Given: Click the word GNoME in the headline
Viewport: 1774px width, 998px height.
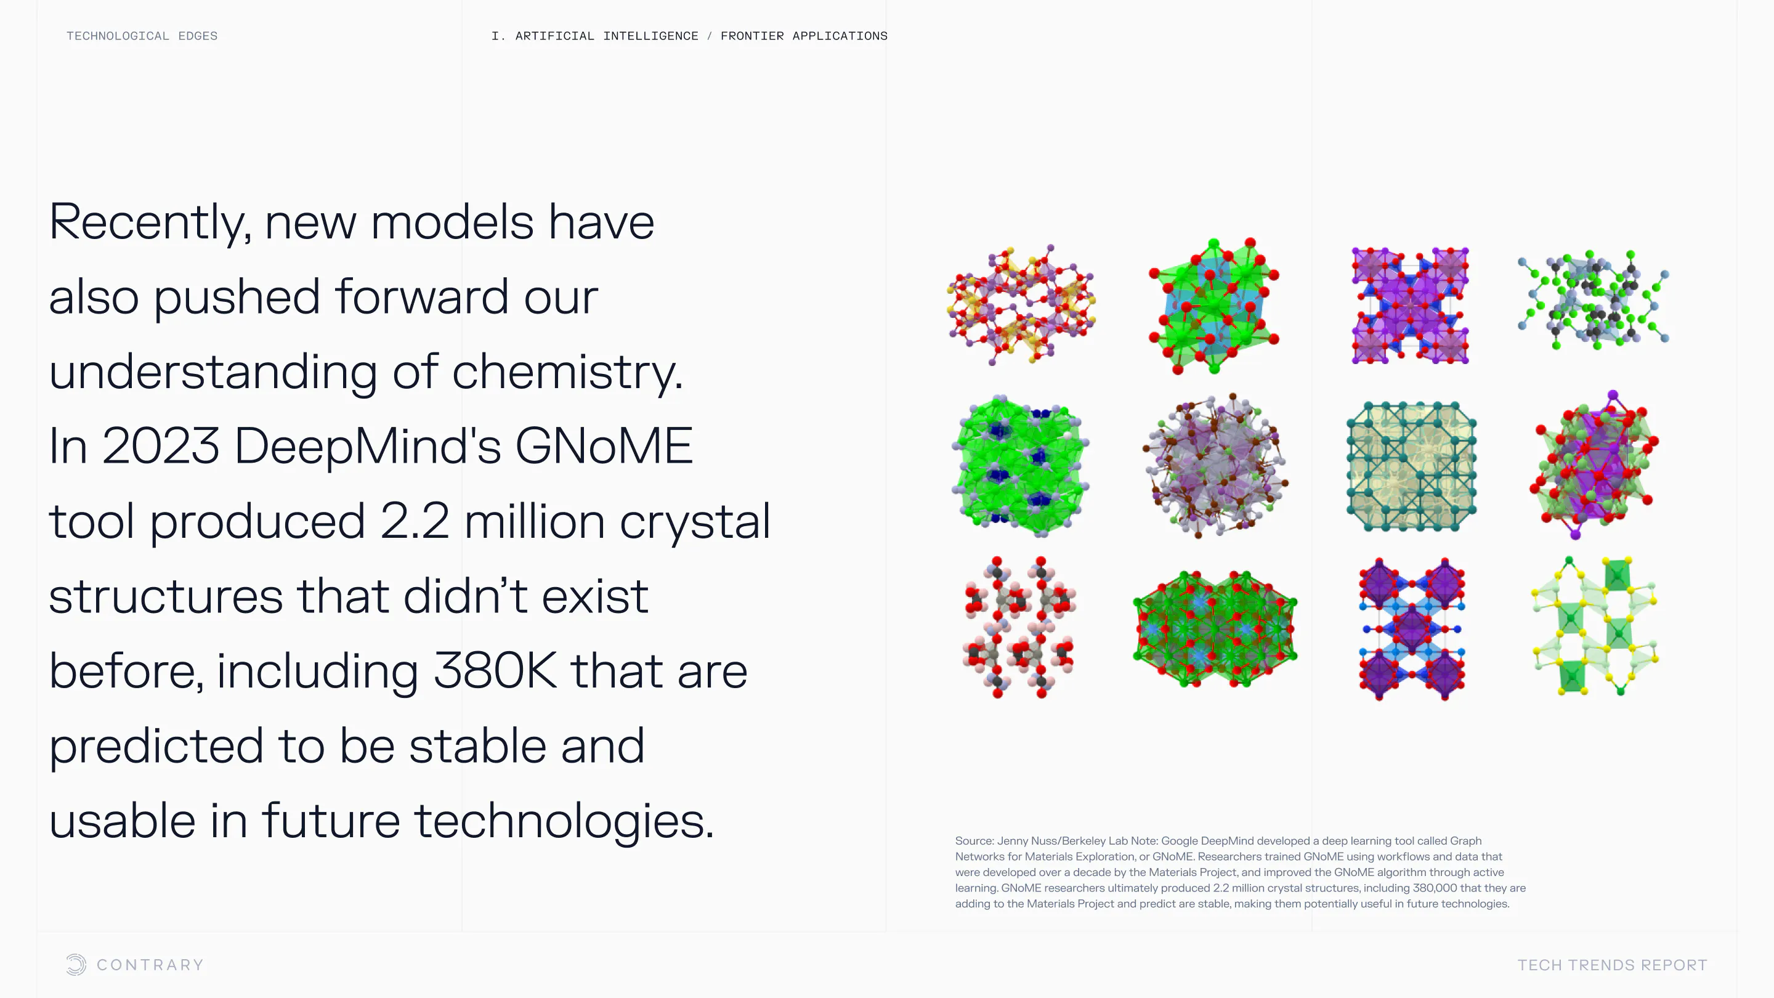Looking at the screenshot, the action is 603,445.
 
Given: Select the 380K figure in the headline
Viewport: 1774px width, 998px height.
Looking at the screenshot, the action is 495,670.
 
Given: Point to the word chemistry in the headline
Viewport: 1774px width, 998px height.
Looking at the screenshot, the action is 567,372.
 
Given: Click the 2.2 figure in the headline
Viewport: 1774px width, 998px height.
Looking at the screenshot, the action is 415,521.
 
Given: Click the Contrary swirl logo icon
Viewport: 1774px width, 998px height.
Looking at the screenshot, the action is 76,964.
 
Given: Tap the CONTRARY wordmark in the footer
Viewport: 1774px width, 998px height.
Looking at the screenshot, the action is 150,965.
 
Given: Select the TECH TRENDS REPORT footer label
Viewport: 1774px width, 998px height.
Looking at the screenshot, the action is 1612,965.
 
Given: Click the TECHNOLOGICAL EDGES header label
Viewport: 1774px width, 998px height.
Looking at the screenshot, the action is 142,36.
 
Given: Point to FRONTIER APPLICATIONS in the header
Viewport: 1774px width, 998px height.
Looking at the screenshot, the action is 804,36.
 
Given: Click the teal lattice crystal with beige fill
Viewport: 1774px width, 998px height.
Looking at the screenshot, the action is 1411,466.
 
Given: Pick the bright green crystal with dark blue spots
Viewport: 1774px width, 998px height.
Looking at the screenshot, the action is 1020,466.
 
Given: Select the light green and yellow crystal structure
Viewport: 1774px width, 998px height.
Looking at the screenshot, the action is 1594,626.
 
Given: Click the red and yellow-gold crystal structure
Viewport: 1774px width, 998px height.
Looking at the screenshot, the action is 1021,304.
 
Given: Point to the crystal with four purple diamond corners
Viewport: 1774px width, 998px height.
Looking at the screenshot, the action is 1411,629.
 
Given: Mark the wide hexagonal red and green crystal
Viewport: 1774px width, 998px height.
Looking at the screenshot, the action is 1215,628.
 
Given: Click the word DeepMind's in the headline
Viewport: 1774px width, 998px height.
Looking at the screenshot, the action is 367,445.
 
